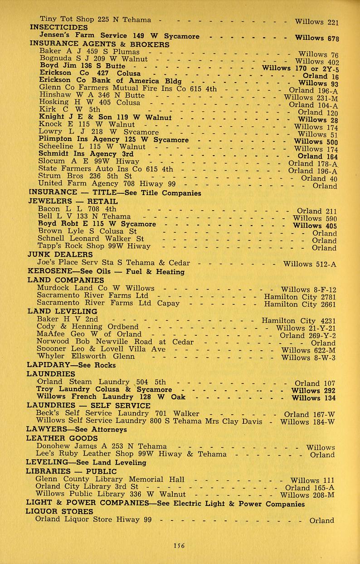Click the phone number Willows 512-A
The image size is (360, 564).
click(309, 264)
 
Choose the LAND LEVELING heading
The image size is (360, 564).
click(62, 311)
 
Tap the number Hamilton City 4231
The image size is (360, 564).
click(299, 320)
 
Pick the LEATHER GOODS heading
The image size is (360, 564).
click(62, 438)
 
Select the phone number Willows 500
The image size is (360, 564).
click(315, 141)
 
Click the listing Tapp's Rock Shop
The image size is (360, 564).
click(68, 246)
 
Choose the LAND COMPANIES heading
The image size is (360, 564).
click(66, 280)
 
